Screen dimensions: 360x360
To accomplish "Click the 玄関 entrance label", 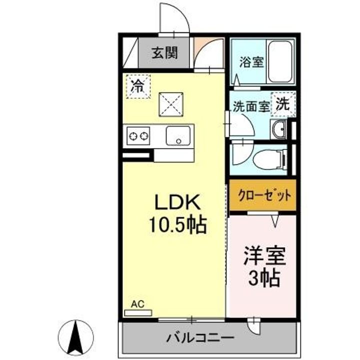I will (x=164, y=52).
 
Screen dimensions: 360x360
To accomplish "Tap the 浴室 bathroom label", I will (x=251, y=64).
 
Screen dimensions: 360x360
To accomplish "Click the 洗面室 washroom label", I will (x=250, y=106).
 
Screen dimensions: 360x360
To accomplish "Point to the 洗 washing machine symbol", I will (x=283, y=104).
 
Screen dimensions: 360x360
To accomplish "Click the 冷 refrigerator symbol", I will (x=136, y=86).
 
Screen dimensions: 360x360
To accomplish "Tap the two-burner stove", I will (x=138, y=135).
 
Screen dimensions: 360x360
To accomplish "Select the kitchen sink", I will (x=177, y=135).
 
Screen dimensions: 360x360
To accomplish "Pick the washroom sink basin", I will (x=278, y=130).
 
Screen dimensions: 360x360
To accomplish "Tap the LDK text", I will (x=176, y=203).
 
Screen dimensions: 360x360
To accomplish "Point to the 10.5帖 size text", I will (x=176, y=225).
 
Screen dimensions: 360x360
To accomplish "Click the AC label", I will (x=137, y=304).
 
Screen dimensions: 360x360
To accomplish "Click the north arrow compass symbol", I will (x=76, y=336).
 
